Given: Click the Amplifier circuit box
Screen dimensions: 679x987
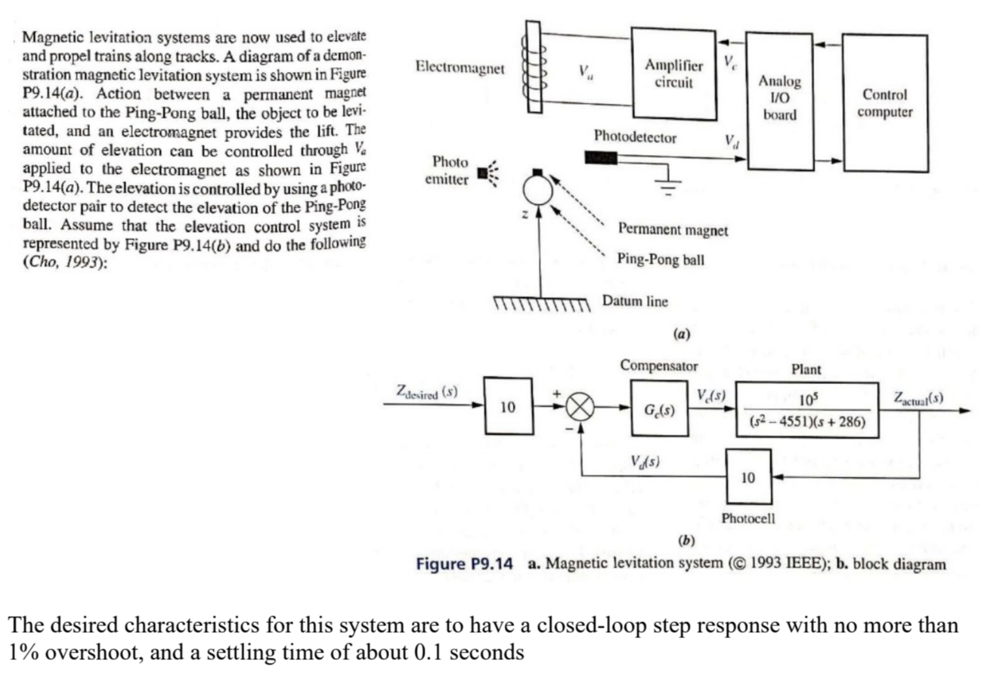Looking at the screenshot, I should pos(674,73).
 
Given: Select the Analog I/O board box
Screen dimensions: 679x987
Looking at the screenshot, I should pos(779,101).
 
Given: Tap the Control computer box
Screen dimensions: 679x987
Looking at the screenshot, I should pos(885,103).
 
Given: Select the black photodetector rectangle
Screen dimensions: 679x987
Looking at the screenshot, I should pos(600,158).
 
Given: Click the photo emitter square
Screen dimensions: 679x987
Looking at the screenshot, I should pos(482,174).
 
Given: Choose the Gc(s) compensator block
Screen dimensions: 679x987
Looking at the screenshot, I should pos(659,409).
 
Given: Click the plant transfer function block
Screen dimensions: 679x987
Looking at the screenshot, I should pos(807,410).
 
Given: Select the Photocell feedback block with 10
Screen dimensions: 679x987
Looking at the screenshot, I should pos(749,477).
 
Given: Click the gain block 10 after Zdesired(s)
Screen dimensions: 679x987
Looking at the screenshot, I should pos(508,407).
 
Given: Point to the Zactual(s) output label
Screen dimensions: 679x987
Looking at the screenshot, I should pos(918,398).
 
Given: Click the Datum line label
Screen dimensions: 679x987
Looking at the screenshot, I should pos(634,301).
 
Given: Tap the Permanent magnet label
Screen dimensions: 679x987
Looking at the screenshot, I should pos(672,230).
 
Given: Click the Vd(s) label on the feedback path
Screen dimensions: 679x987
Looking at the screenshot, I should pos(645,462).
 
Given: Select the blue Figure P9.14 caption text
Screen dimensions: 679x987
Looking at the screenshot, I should pos(464,564).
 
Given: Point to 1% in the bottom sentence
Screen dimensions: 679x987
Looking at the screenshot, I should pos(24,653).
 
